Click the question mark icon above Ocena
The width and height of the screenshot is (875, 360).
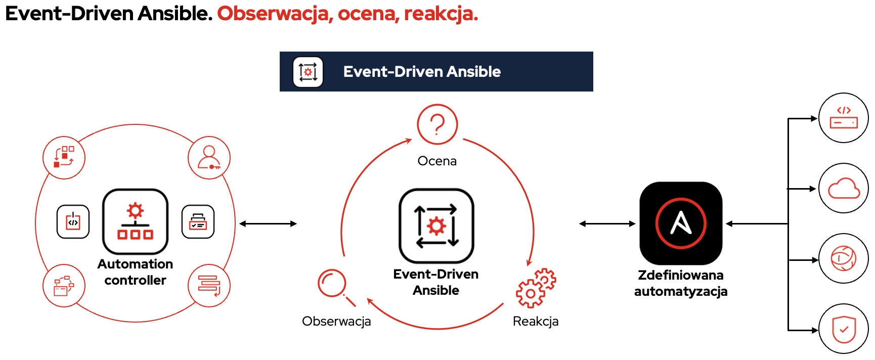tap(438, 124)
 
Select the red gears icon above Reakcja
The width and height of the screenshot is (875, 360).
tap(536, 288)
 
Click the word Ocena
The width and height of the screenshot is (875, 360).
tap(437, 161)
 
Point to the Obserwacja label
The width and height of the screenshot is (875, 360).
tap(336, 321)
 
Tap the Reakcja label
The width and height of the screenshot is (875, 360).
tap(536, 321)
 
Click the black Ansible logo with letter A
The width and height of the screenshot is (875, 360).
tap(681, 223)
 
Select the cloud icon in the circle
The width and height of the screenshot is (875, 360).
tap(844, 189)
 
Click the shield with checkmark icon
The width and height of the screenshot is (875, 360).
tap(844, 329)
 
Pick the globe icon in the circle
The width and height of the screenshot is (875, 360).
tap(844, 259)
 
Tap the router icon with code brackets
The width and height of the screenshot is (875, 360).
tap(844, 118)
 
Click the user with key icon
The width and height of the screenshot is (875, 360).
tap(209, 158)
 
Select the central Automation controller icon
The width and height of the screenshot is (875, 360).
tap(135, 221)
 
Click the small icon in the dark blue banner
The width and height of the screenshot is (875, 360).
tap(308, 72)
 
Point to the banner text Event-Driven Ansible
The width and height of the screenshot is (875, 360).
tap(422, 72)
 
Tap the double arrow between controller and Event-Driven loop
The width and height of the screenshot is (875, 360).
tap(268, 223)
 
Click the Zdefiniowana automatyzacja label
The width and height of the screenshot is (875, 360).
tap(681, 283)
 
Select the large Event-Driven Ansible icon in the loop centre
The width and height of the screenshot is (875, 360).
tap(436, 226)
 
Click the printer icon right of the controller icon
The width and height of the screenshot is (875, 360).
tap(198, 221)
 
